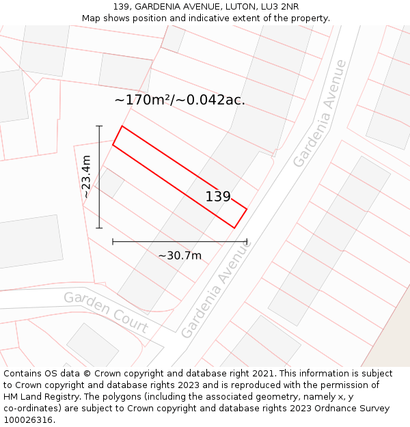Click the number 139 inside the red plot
[x=218, y=197]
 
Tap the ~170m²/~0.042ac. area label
[x=180, y=100]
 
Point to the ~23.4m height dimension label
[x=86, y=177]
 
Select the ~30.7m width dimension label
[x=180, y=256]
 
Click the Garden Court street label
[x=106, y=312]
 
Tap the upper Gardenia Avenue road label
[x=320, y=113]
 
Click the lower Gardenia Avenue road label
[x=217, y=290]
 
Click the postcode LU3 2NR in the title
[x=280, y=6]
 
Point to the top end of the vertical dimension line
[x=99, y=126]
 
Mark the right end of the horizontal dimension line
[x=247, y=241]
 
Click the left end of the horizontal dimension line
[x=113, y=241]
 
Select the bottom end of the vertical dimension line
[x=99, y=228]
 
